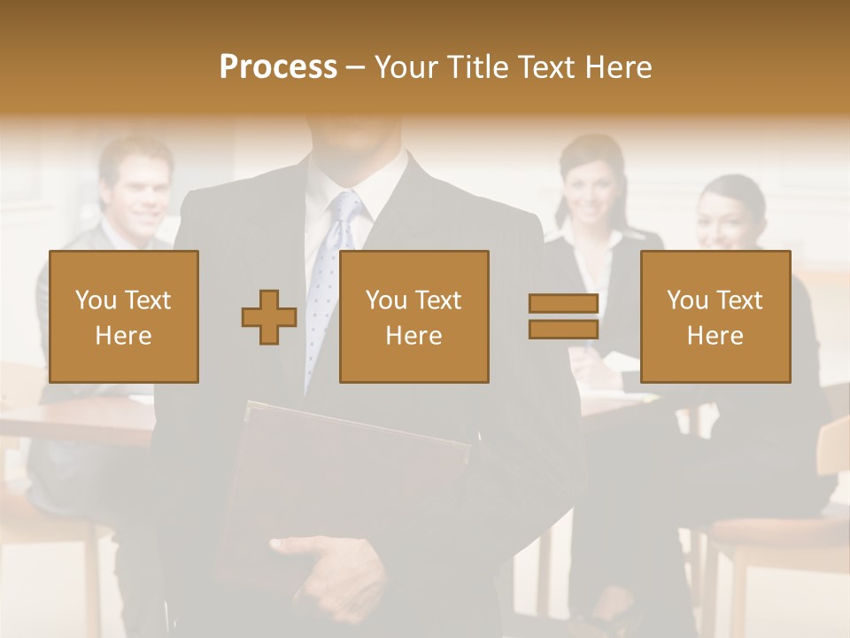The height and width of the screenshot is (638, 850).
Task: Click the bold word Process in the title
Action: point(278,67)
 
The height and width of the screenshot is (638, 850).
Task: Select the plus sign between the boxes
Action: point(269,317)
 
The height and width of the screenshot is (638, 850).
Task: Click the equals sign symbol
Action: point(563,316)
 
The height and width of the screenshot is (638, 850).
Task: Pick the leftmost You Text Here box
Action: point(124,316)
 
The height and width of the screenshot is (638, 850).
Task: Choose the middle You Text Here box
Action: point(413,316)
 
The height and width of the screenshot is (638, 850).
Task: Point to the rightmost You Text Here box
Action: point(715,316)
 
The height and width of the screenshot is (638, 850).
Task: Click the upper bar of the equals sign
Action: point(563,304)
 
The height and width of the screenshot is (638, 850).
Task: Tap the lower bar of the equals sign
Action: point(563,329)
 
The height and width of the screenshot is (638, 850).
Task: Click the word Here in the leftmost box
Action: point(124,336)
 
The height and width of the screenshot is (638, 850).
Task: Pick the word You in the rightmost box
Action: point(686,300)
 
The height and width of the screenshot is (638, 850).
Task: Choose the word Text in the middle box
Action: point(438,300)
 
